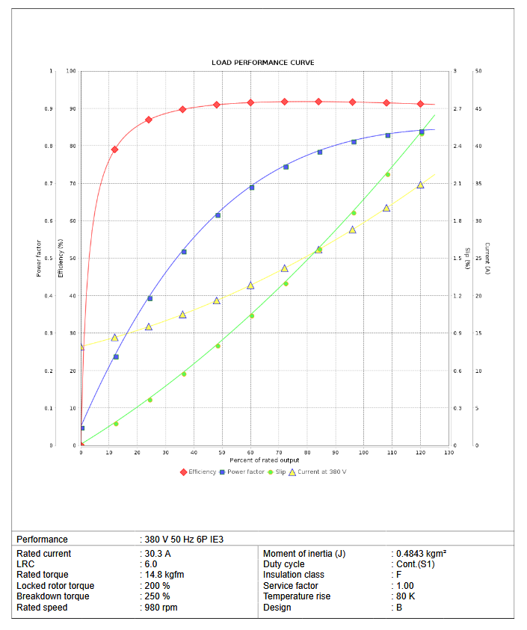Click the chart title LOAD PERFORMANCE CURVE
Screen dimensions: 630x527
tap(263, 63)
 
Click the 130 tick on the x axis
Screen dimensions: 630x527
tap(449, 452)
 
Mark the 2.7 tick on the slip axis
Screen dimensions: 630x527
tap(457, 109)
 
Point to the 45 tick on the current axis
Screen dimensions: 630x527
tap(478, 109)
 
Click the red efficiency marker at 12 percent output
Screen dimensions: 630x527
tap(114, 149)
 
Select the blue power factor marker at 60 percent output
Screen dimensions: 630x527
tap(251, 188)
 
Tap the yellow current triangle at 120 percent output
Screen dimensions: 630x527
tap(420, 185)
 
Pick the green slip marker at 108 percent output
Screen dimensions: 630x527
tap(387, 175)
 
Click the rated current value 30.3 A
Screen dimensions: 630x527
tap(158, 554)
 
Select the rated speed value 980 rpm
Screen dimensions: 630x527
tap(161, 608)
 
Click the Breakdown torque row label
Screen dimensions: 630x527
tap(52, 596)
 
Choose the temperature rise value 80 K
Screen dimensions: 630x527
tap(405, 596)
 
